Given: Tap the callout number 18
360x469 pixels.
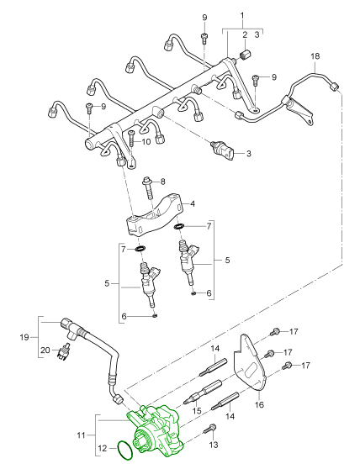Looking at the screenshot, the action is pos(315,56).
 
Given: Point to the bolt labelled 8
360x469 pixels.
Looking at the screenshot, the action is pos(149,187).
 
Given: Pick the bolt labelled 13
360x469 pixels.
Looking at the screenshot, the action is pos(210,429).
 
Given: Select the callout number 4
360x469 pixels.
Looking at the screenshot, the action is pos(193,204).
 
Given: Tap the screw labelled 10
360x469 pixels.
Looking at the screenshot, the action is pos(131,139).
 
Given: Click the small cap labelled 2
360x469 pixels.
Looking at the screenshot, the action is pos(246,55).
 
